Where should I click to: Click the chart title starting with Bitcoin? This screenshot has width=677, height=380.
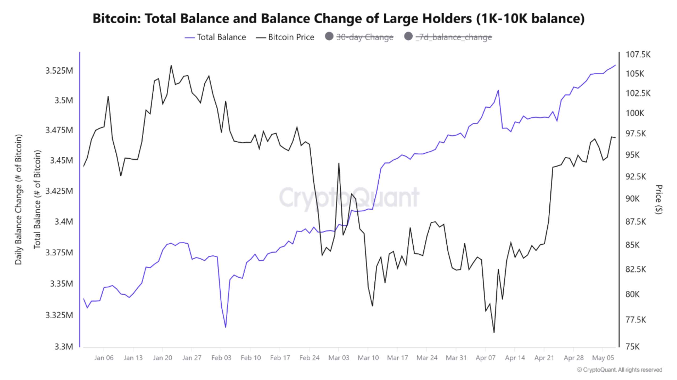coord(338,19)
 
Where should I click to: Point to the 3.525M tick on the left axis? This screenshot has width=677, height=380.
coord(59,71)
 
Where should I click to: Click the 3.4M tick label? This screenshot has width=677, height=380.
coord(64,222)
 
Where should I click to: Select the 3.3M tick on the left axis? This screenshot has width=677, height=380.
coord(64,347)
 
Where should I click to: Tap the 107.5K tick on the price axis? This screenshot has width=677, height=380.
coord(638,54)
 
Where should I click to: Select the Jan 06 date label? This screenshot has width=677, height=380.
coord(104,358)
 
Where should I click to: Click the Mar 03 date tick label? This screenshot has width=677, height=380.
coord(338,358)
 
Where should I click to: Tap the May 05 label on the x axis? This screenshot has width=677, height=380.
coord(603,358)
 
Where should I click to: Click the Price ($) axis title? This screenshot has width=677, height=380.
coord(659,199)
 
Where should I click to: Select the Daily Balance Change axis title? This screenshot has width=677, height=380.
coord(18,199)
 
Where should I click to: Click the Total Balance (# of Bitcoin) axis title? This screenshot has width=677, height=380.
coord(37,199)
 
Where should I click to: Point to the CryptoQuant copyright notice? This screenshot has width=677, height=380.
coord(619,370)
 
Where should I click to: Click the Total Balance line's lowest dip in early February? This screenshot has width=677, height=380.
coord(225,327)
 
